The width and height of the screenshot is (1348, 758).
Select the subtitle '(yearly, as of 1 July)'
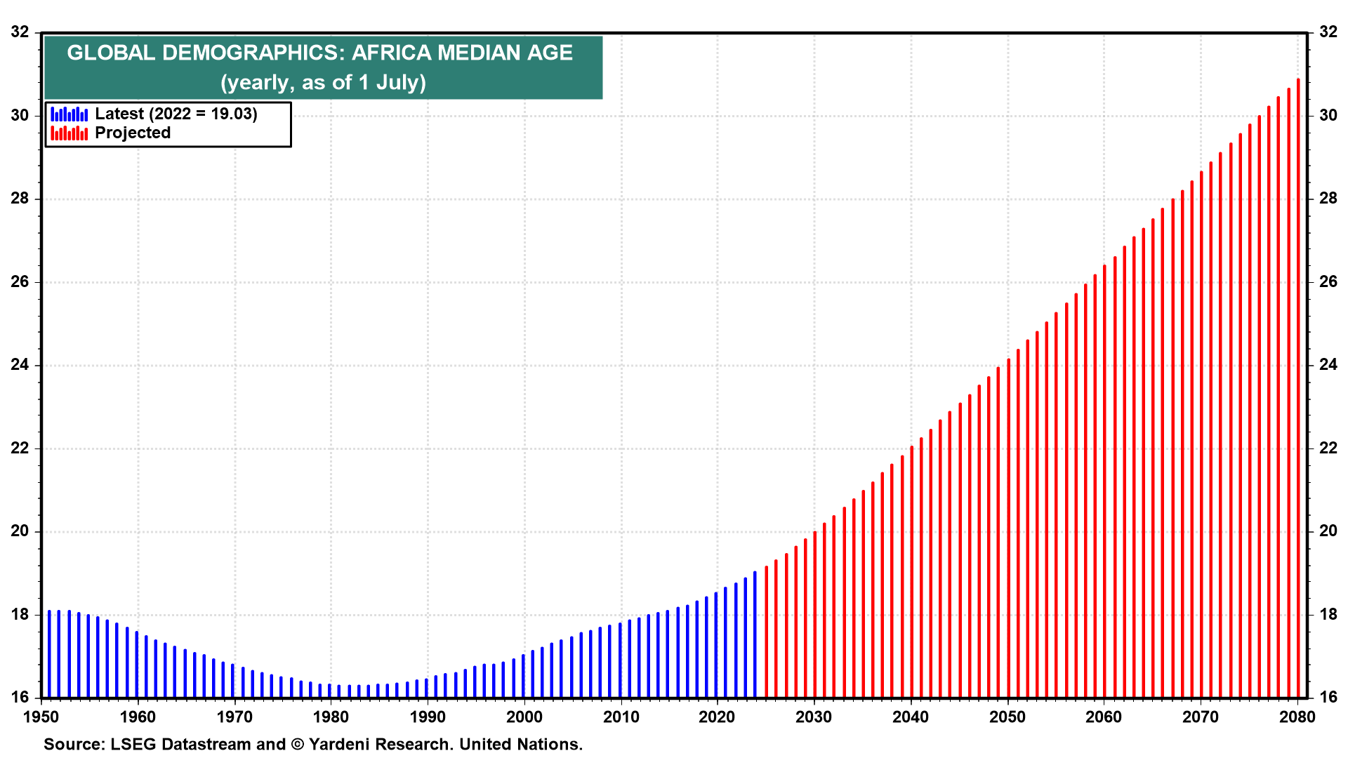click(x=323, y=83)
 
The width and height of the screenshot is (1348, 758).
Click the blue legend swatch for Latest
click(x=70, y=114)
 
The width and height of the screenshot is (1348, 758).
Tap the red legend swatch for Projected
click(x=70, y=133)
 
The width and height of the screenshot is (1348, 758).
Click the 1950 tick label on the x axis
click(x=41, y=717)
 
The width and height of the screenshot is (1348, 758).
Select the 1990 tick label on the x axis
click(x=428, y=717)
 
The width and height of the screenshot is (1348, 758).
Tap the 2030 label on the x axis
click(x=814, y=717)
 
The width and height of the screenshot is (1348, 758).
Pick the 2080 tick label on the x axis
click(x=1297, y=717)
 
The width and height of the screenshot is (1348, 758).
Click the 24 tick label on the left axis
click(x=20, y=365)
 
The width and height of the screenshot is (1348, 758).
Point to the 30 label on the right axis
click(x=1328, y=115)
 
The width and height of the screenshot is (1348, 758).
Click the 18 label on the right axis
click(x=1328, y=615)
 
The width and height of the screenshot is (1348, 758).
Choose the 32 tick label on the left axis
click(x=20, y=32)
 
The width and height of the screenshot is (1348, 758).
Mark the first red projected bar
click(x=766, y=632)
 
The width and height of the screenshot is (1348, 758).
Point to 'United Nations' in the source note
click(x=520, y=744)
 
